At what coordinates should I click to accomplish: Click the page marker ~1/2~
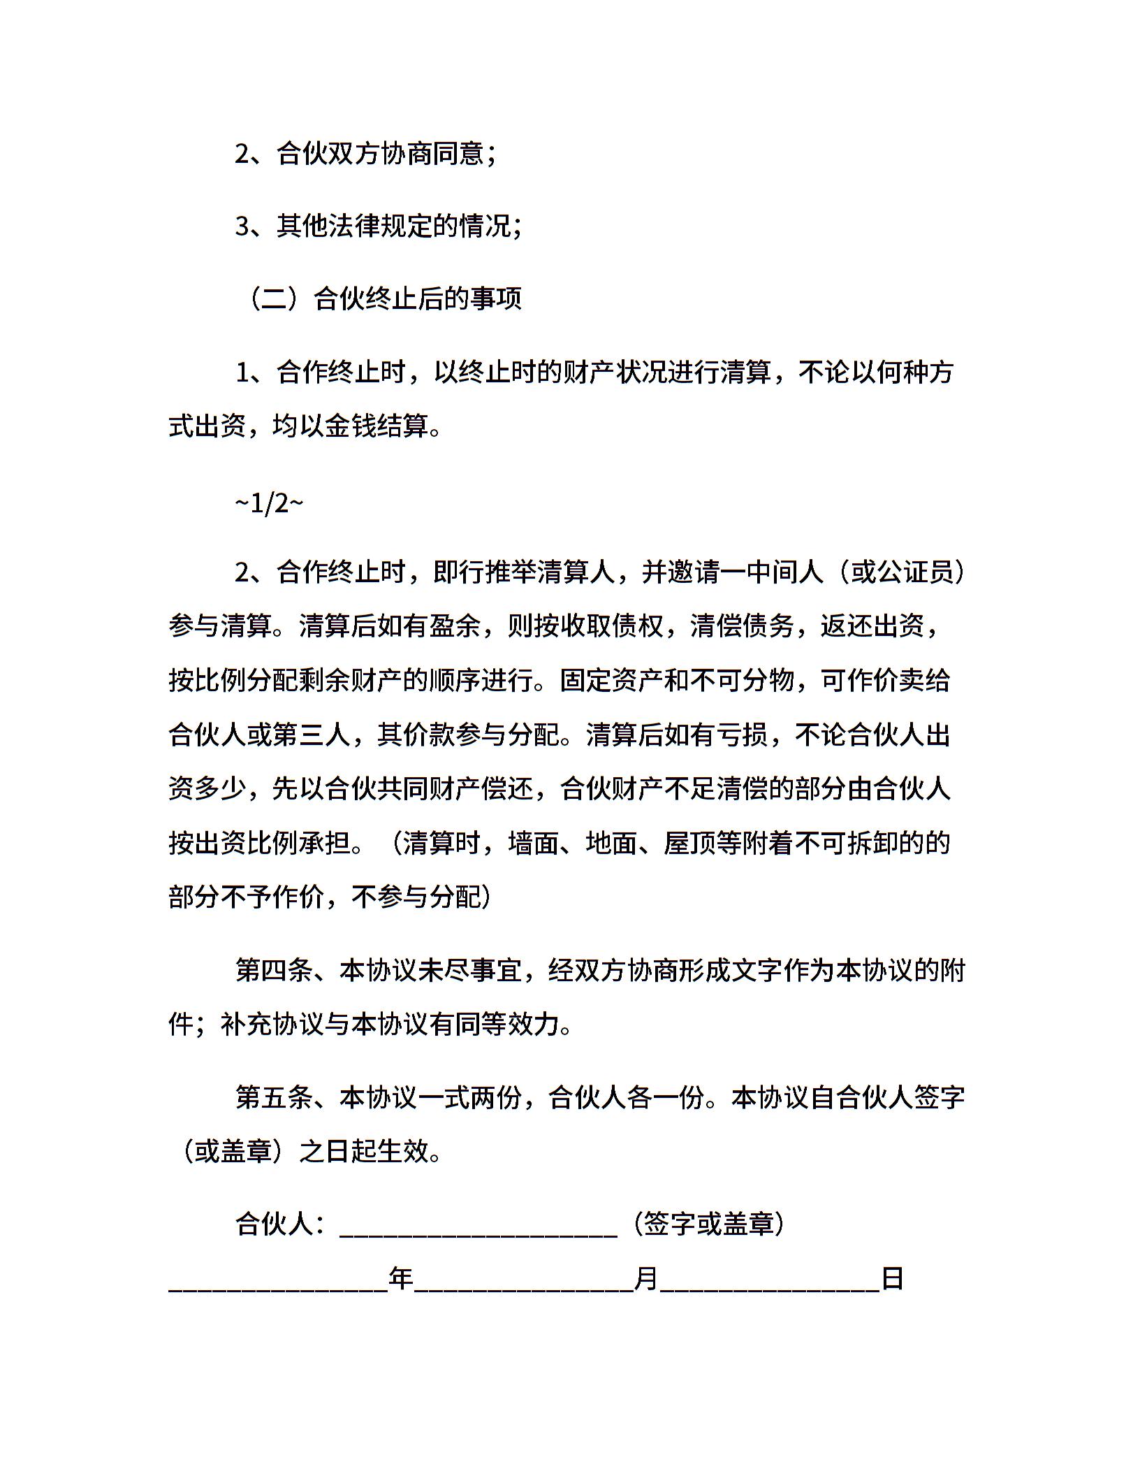click(269, 503)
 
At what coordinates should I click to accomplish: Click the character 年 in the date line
click(402, 1279)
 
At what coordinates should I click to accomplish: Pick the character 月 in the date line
click(646, 1279)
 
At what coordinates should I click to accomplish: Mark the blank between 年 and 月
click(524, 1285)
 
